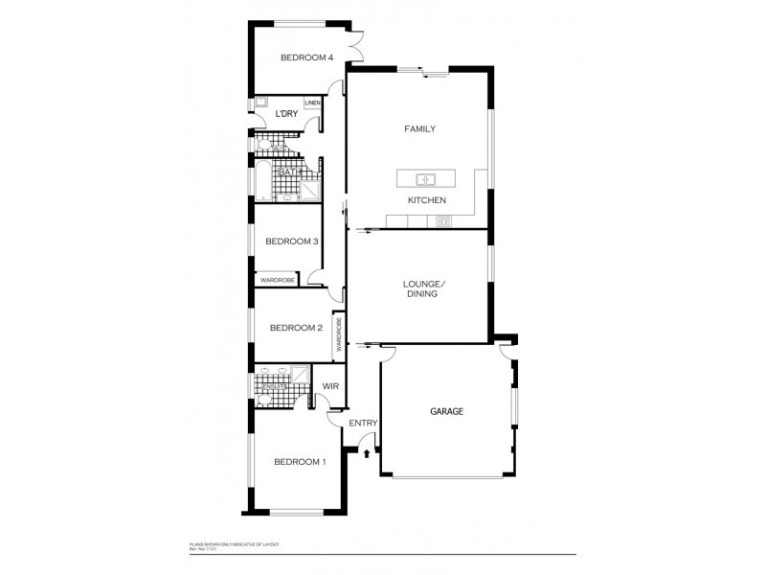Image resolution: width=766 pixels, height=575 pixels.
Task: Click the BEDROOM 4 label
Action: coord(306,58)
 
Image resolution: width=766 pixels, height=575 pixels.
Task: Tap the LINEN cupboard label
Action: coord(312,103)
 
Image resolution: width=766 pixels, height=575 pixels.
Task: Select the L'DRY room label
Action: coord(285,115)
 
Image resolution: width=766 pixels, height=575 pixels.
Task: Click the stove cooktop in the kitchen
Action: coord(444,221)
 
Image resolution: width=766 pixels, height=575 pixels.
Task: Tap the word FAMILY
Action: coord(420,128)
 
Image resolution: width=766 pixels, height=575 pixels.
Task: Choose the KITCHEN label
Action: coord(427,200)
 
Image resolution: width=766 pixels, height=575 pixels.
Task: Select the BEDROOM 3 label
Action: coord(292,241)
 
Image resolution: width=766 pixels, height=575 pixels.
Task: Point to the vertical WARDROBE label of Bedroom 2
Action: coord(338,334)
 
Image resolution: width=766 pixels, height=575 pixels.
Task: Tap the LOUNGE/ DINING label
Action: coord(421,288)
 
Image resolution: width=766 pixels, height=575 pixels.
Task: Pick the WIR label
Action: coord(330,386)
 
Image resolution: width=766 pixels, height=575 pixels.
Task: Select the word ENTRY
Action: coord(364,424)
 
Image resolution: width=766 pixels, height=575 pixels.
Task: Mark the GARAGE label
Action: coord(445,411)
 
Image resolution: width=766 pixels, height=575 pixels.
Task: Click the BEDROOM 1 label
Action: coord(300,462)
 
